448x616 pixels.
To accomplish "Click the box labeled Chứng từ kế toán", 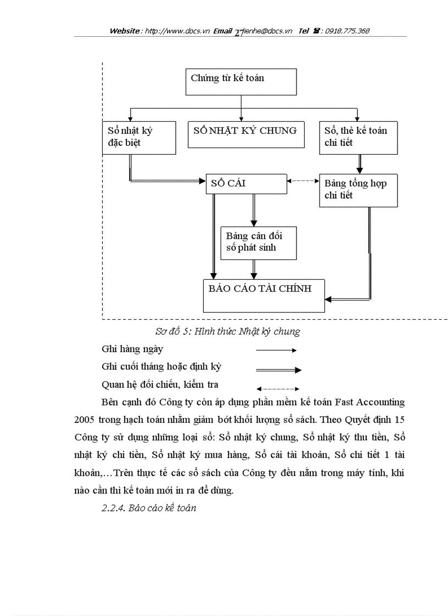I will (x=241, y=82).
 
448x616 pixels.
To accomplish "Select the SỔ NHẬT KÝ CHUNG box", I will (x=245, y=135).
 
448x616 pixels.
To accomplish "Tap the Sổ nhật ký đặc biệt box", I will (x=139, y=137).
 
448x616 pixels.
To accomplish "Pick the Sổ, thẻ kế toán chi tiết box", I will (x=358, y=138).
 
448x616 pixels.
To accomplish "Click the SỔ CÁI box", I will (x=246, y=184).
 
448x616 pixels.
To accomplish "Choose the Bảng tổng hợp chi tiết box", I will (x=358, y=190).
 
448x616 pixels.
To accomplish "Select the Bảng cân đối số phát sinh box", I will (x=258, y=243).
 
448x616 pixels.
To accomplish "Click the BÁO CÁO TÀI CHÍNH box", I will (x=264, y=296).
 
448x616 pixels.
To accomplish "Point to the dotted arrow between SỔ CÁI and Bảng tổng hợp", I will (x=303, y=180).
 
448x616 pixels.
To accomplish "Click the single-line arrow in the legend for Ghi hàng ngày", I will (x=276, y=350).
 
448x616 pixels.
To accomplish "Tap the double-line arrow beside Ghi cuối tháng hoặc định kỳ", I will (x=278, y=370).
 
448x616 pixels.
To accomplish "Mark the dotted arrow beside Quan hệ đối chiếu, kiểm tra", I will (x=277, y=389).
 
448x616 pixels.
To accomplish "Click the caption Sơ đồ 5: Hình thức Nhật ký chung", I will (x=227, y=331).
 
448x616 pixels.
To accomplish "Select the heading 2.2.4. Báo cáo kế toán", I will (x=149, y=508).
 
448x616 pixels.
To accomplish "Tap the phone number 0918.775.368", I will (x=347, y=31).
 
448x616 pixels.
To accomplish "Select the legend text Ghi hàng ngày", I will (x=132, y=349).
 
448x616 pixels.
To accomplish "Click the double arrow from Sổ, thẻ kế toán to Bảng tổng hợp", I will (x=360, y=164).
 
